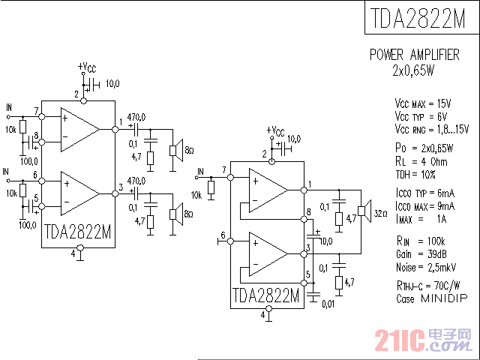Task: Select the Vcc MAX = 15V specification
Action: (422, 103)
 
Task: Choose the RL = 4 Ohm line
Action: (421, 160)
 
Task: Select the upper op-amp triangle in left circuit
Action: (79, 127)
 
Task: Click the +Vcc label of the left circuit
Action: (88, 67)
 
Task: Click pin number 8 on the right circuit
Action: (309, 219)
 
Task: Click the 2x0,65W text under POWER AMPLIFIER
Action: (413, 70)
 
